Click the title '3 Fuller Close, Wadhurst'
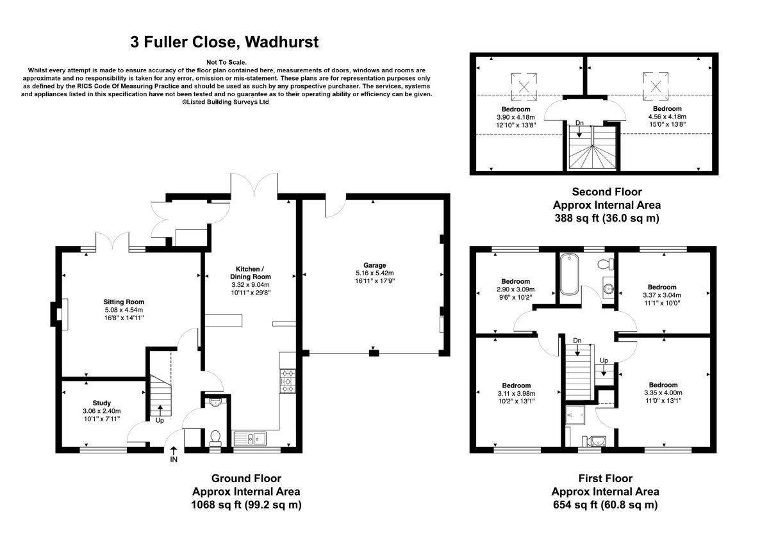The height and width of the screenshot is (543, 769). [x=224, y=43]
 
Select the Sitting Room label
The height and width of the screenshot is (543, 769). [x=124, y=302]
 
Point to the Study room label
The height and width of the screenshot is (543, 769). [x=101, y=403]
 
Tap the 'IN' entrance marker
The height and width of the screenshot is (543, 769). [x=174, y=459]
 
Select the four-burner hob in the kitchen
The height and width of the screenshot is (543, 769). [x=286, y=381]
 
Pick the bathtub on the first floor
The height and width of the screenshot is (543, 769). [x=569, y=275]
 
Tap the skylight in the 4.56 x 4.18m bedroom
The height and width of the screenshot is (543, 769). [x=656, y=85]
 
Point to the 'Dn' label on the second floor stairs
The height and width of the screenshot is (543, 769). [x=579, y=122]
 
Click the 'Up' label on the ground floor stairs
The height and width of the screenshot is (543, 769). [x=160, y=421]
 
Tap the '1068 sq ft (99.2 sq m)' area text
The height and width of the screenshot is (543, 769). [x=246, y=505]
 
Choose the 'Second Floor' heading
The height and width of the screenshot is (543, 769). [x=606, y=191]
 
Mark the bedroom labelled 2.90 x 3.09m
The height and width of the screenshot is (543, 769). [x=515, y=281]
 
